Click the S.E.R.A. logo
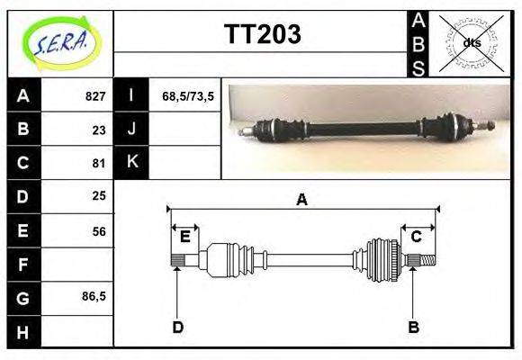(61, 43)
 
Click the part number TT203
(263, 34)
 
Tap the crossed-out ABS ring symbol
(472, 43)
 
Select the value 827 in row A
(95, 96)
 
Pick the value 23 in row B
(99, 130)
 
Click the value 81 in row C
(99, 164)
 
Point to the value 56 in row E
(99, 231)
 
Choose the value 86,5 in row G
(94, 296)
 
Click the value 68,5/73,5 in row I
(188, 96)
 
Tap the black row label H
(24, 332)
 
